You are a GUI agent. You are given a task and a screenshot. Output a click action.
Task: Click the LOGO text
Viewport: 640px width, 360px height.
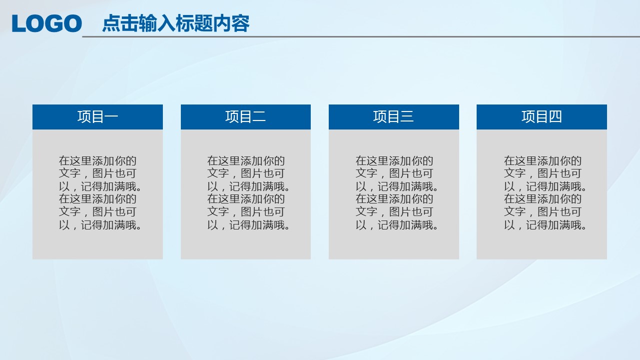[x=47, y=23]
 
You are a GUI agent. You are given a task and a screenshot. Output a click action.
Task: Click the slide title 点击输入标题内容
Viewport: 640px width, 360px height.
[x=176, y=23]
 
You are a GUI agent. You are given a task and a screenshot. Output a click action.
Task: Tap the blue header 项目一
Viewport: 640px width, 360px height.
[x=97, y=117]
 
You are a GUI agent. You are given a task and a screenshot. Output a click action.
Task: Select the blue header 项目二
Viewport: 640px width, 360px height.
[x=246, y=117]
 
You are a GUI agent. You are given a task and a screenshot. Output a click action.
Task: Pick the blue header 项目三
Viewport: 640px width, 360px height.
[x=394, y=117]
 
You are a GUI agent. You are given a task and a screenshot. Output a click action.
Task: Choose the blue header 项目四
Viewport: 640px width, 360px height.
[x=542, y=117]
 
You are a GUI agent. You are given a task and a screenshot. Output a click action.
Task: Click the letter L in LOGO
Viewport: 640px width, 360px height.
[x=18, y=23]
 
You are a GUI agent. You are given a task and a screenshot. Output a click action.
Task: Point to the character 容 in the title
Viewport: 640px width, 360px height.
[x=241, y=23]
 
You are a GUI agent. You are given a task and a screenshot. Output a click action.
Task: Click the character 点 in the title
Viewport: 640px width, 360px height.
[x=111, y=23]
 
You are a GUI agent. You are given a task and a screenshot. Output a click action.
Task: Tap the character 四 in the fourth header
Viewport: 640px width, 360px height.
[x=555, y=116]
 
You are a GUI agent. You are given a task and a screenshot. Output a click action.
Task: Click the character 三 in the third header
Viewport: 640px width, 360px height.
[x=407, y=116]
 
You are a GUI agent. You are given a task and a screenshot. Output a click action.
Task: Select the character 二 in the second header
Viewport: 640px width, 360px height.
[x=259, y=116]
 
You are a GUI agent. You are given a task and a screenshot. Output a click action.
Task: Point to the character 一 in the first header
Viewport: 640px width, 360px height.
[x=111, y=116]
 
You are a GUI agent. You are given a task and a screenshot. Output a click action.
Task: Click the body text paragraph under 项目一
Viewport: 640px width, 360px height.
[x=100, y=193]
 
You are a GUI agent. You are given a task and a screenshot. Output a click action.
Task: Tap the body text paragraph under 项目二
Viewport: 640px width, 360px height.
[x=248, y=193]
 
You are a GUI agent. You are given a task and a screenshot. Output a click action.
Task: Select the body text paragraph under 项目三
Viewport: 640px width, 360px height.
[x=397, y=193]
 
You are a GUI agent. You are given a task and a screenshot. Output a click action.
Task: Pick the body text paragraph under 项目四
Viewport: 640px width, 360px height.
[x=545, y=193]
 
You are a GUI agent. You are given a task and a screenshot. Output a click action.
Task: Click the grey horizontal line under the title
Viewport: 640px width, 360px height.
[x=361, y=36]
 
